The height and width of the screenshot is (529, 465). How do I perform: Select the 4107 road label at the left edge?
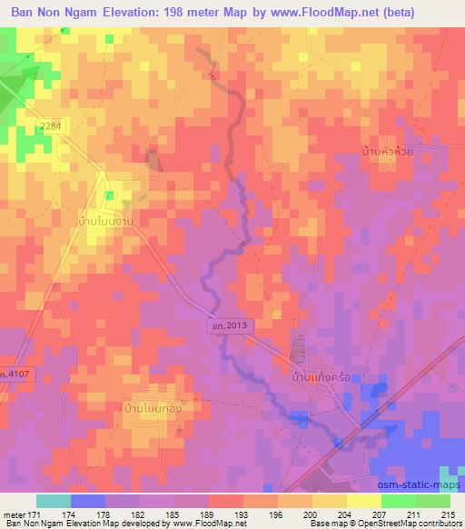15,374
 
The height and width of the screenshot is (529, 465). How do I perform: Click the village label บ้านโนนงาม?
114,220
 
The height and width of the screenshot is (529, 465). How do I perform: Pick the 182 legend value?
141,515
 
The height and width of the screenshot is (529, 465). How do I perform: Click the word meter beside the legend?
15,515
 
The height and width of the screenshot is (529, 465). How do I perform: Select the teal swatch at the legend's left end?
54,501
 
